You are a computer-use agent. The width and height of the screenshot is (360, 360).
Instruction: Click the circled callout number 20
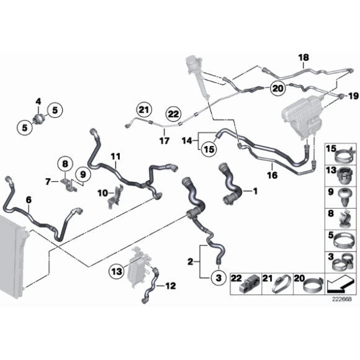click(278, 88)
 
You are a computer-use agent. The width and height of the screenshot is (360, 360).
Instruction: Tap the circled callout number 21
click(144, 110)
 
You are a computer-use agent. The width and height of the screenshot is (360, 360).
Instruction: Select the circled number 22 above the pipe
click(173, 114)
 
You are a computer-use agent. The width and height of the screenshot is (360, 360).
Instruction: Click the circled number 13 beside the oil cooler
click(117, 272)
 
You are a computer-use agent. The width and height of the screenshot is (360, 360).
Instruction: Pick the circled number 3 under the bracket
click(218, 278)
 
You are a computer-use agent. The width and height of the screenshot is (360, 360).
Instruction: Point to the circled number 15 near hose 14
click(209, 150)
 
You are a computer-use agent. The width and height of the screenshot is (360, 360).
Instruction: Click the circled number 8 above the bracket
click(65, 164)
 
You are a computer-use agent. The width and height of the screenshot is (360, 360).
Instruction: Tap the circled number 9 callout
click(83, 174)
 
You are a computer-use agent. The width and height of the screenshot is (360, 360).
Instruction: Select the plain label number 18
click(304, 57)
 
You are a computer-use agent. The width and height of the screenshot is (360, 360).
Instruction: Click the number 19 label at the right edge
click(354, 96)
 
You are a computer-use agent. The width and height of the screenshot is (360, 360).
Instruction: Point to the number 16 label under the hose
click(272, 176)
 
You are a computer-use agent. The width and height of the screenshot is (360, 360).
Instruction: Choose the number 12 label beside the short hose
click(171, 286)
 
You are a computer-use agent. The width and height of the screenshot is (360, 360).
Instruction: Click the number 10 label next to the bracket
click(102, 193)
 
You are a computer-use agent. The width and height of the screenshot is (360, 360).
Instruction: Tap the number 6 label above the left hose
click(29, 200)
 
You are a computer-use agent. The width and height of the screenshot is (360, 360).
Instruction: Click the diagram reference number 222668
click(342, 299)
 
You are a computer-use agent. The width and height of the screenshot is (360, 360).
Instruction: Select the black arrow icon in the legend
click(340, 284)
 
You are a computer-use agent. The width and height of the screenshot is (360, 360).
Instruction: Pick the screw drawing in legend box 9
click(344, 198)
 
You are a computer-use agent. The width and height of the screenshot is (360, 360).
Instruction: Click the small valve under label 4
click(38, 118)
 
